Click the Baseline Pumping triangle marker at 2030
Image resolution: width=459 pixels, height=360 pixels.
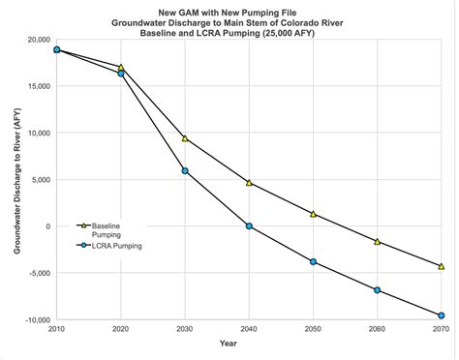tap(185, 138)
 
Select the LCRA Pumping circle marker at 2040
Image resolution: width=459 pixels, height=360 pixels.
tap(249, 225)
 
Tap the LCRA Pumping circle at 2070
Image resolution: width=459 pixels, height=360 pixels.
tap(441, 315)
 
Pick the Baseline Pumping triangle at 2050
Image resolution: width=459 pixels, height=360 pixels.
tap(313, 214)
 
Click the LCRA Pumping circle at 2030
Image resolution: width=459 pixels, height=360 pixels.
tap(185, 170)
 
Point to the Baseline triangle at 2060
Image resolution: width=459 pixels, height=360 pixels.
tap(377, 241)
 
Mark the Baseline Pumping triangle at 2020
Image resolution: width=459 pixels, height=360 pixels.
tap(121, 67)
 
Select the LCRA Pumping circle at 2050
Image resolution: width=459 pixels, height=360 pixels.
tap(313, 261)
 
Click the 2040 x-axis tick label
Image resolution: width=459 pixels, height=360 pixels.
tap(249, 330)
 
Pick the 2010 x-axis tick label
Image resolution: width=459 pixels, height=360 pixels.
tap(57, 330)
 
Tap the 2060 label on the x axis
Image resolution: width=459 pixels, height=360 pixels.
tap(377, 330)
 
